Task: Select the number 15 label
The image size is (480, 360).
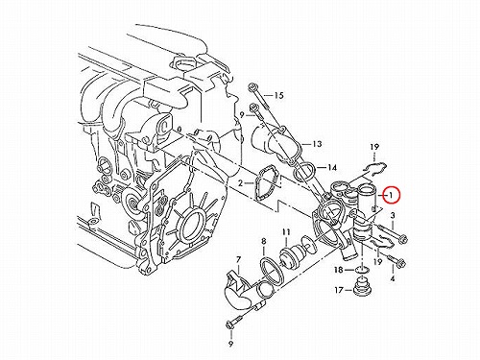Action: click(x=278, y=95)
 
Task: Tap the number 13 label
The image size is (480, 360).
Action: click(x=317, y=144)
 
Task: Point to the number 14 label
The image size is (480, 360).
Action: click(x=332, y=167)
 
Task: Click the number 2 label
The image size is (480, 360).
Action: click(x=240, y=183)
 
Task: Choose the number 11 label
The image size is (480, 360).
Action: click(x=286, y=232)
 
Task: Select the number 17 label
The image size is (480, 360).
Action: click(x=339, y=290)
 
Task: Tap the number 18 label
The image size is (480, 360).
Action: click(x=339, y=270)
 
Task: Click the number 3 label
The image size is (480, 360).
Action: click(x=393, y=215)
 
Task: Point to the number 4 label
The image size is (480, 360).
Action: click(x=393, y=278)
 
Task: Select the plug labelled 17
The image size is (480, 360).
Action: click(x=362, y=286)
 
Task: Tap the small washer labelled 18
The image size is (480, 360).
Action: click(x=362, y=271)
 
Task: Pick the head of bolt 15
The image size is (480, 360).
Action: click(x=252, y=87)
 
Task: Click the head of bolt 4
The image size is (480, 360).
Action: click(x=401, y=263)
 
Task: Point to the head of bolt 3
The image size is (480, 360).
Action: click(x=403, y=239)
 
